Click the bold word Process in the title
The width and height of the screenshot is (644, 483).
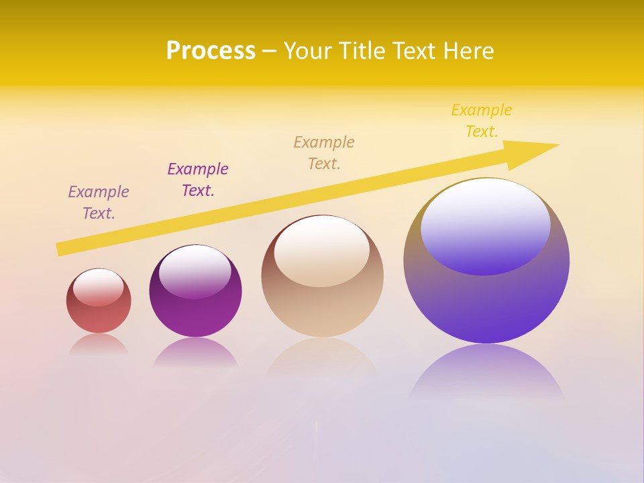(x=211, y=51)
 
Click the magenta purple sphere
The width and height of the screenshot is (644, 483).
(x=195, y=315)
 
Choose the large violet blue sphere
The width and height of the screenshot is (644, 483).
(x=486, y=302)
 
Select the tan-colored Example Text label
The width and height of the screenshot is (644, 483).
(x=324, y=152)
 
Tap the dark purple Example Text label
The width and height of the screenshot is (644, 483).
(x=198, y=179)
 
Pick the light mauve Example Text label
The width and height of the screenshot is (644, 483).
(x=99, y=202)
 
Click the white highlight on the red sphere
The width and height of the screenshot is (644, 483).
(x=99, y=287)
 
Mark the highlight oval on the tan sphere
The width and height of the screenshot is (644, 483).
(x=322, y=250)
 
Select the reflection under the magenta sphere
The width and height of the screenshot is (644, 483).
(x=195, y=353)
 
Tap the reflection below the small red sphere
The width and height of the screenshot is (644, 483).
(x=99, y=344)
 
